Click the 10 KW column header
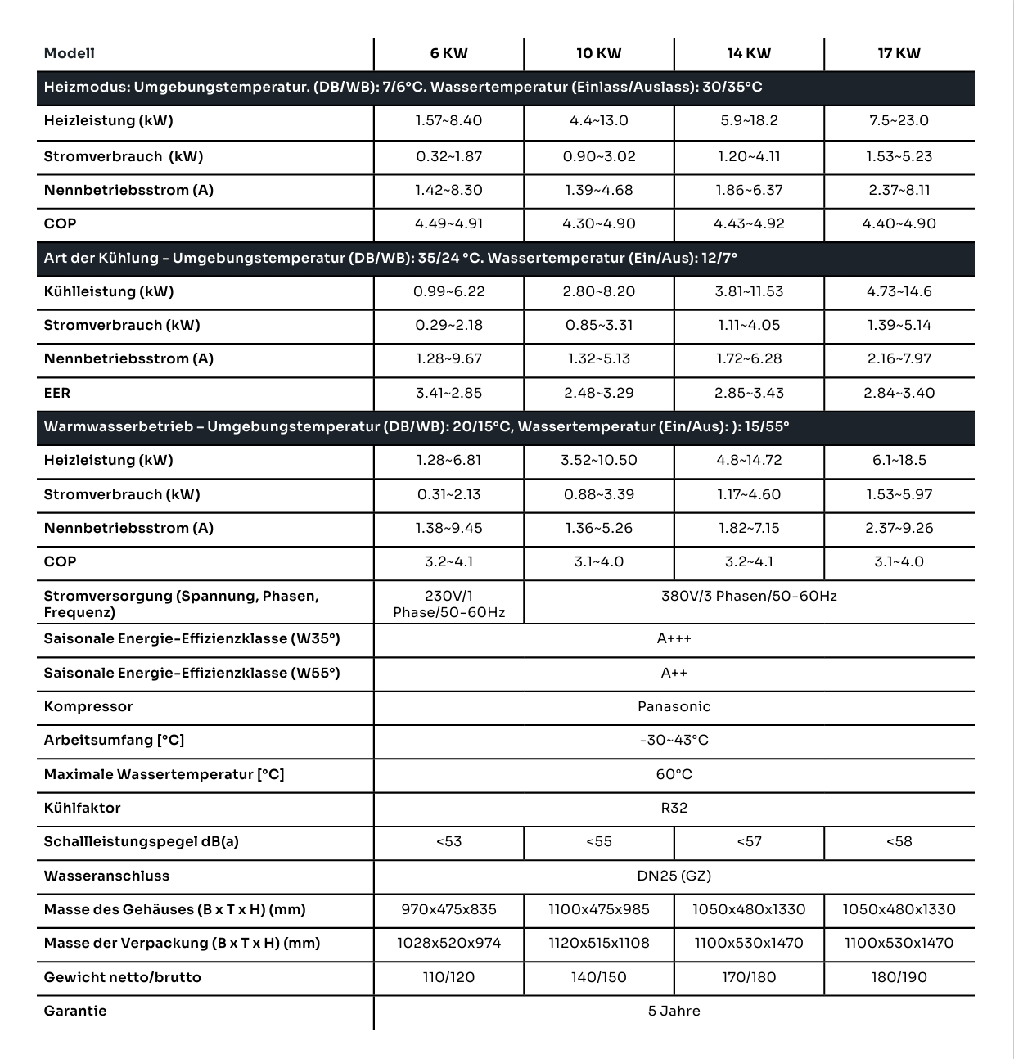point(598,54)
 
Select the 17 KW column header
point(899,54)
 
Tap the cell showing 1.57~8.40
point(448,121)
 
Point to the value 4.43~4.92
point(749,223)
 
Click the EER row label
point(57,393)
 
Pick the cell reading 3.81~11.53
point(749,291)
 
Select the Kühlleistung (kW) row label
point(109,291)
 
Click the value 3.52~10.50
point(598,460)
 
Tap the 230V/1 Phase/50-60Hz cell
point(448,604)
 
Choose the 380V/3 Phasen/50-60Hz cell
point(749,596)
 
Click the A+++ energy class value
point(674,638)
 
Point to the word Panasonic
point(674,706)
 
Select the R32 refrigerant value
point(674,808)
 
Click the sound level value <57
point(749,841)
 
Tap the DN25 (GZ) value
point(674,876)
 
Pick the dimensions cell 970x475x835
point(448,909)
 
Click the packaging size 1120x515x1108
point(598,943)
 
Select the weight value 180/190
point(899,977)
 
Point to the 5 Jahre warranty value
point(674,1011)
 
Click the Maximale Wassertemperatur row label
point(164,774)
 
